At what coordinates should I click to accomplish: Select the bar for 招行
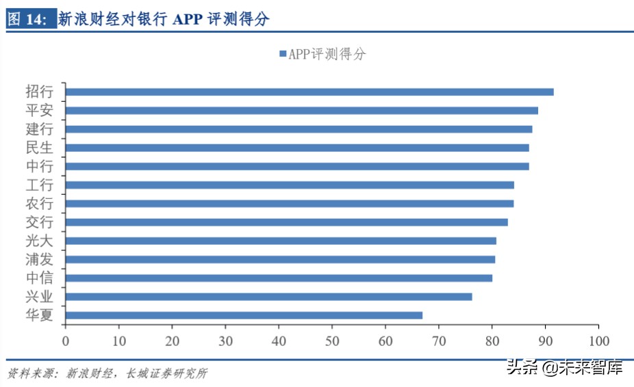[309, 92]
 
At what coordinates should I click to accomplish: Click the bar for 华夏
[244, 315]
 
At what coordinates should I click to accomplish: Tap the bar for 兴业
[268, 297]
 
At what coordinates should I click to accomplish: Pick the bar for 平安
[301, 110]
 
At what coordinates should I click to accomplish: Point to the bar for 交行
[286, 222]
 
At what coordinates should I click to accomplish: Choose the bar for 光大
[281, 241]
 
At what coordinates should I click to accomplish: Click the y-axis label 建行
[39, 129]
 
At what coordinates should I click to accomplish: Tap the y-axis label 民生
[39, 147]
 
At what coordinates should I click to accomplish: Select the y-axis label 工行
[39, 185]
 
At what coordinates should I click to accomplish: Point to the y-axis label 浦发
[39, 259]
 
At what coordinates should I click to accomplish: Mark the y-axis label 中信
[39, 278]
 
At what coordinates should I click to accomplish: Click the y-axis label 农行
[39, 203]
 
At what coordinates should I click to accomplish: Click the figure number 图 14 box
[28, 20]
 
